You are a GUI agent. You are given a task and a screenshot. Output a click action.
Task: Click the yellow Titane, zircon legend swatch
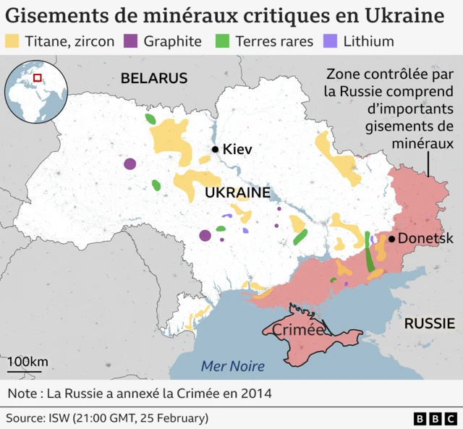13,41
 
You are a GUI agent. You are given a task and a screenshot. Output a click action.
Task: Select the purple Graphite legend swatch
132,41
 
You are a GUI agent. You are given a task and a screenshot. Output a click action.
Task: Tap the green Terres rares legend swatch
224,41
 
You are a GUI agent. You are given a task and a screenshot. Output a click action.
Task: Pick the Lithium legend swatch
331,41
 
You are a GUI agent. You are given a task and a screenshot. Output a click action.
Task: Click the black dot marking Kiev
215,150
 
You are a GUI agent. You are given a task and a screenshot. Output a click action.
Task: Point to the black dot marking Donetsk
391,239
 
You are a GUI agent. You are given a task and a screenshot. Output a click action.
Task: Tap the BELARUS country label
154,78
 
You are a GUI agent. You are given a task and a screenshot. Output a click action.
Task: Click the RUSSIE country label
429,323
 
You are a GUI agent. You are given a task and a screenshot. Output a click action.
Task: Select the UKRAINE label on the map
237,193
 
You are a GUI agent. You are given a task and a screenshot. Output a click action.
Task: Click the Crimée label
298,330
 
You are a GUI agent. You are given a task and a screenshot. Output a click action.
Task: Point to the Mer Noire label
232,365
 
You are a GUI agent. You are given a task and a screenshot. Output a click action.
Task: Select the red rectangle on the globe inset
38,78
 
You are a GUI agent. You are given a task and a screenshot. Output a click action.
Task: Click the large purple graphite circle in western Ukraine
129,164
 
